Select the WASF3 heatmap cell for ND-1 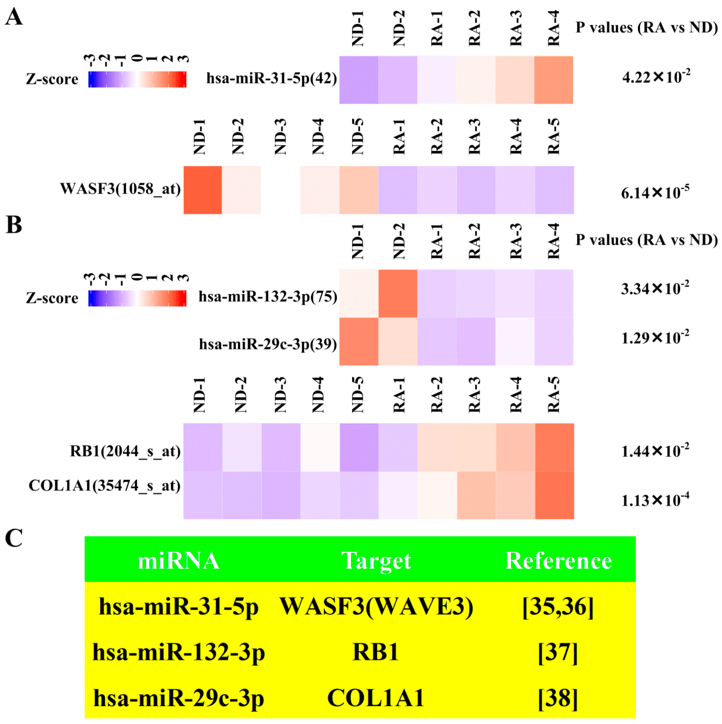[203, 190]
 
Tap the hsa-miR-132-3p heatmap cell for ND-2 [398, 293]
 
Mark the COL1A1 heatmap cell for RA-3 [476, 495]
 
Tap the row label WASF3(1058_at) [121, 189]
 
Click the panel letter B [14, 225]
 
